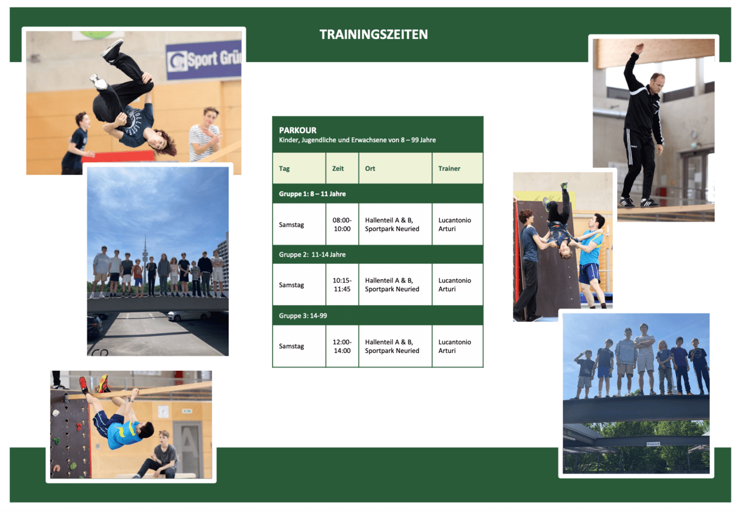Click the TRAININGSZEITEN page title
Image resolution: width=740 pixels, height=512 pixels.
point(373,34)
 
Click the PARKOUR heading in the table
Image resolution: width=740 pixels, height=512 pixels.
point(298,130)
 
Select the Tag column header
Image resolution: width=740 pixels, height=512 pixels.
point(284,169)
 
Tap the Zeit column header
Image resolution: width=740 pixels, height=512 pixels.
point(338,168)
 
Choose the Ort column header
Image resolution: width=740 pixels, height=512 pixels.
point(370,168)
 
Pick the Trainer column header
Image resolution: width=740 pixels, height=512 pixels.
point(449,168)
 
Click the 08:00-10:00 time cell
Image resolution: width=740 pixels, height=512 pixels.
point(342,224)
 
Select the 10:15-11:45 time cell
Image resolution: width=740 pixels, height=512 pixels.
point(342,285)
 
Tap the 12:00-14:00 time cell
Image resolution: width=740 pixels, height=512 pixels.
point(342,346)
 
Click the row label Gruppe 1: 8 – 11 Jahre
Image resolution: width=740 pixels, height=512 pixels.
point(312,193)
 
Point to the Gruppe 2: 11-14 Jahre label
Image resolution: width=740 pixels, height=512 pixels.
point(312,254)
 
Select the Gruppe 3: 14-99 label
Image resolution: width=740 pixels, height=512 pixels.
point(303,316)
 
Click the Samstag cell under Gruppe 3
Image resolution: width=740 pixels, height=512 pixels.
point(291,346)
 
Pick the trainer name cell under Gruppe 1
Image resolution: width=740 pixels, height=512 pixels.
point(454,224)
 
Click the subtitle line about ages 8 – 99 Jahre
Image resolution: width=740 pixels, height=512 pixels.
point(357,140)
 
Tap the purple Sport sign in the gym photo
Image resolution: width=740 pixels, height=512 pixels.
point(204,60)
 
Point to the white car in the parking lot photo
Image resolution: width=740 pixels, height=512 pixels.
point(188,316)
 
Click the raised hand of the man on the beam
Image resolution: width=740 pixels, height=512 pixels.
point(639,49)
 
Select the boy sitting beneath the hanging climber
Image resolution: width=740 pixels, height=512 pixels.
point(159,455)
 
